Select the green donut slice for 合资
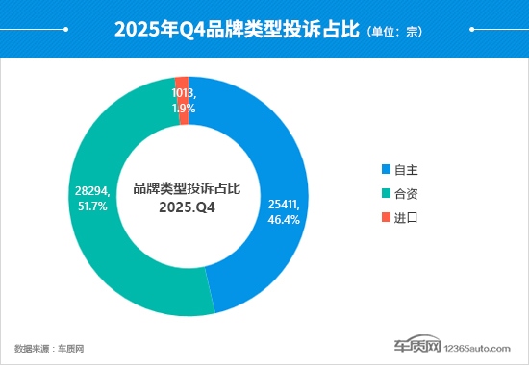coord(106,240)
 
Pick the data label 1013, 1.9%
coord(185,101)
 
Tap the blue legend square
coord(387,169)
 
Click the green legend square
coord(387,193)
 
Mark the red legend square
coord(387,217)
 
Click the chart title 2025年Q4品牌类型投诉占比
coord(237,30)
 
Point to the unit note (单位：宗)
coord(394,32)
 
